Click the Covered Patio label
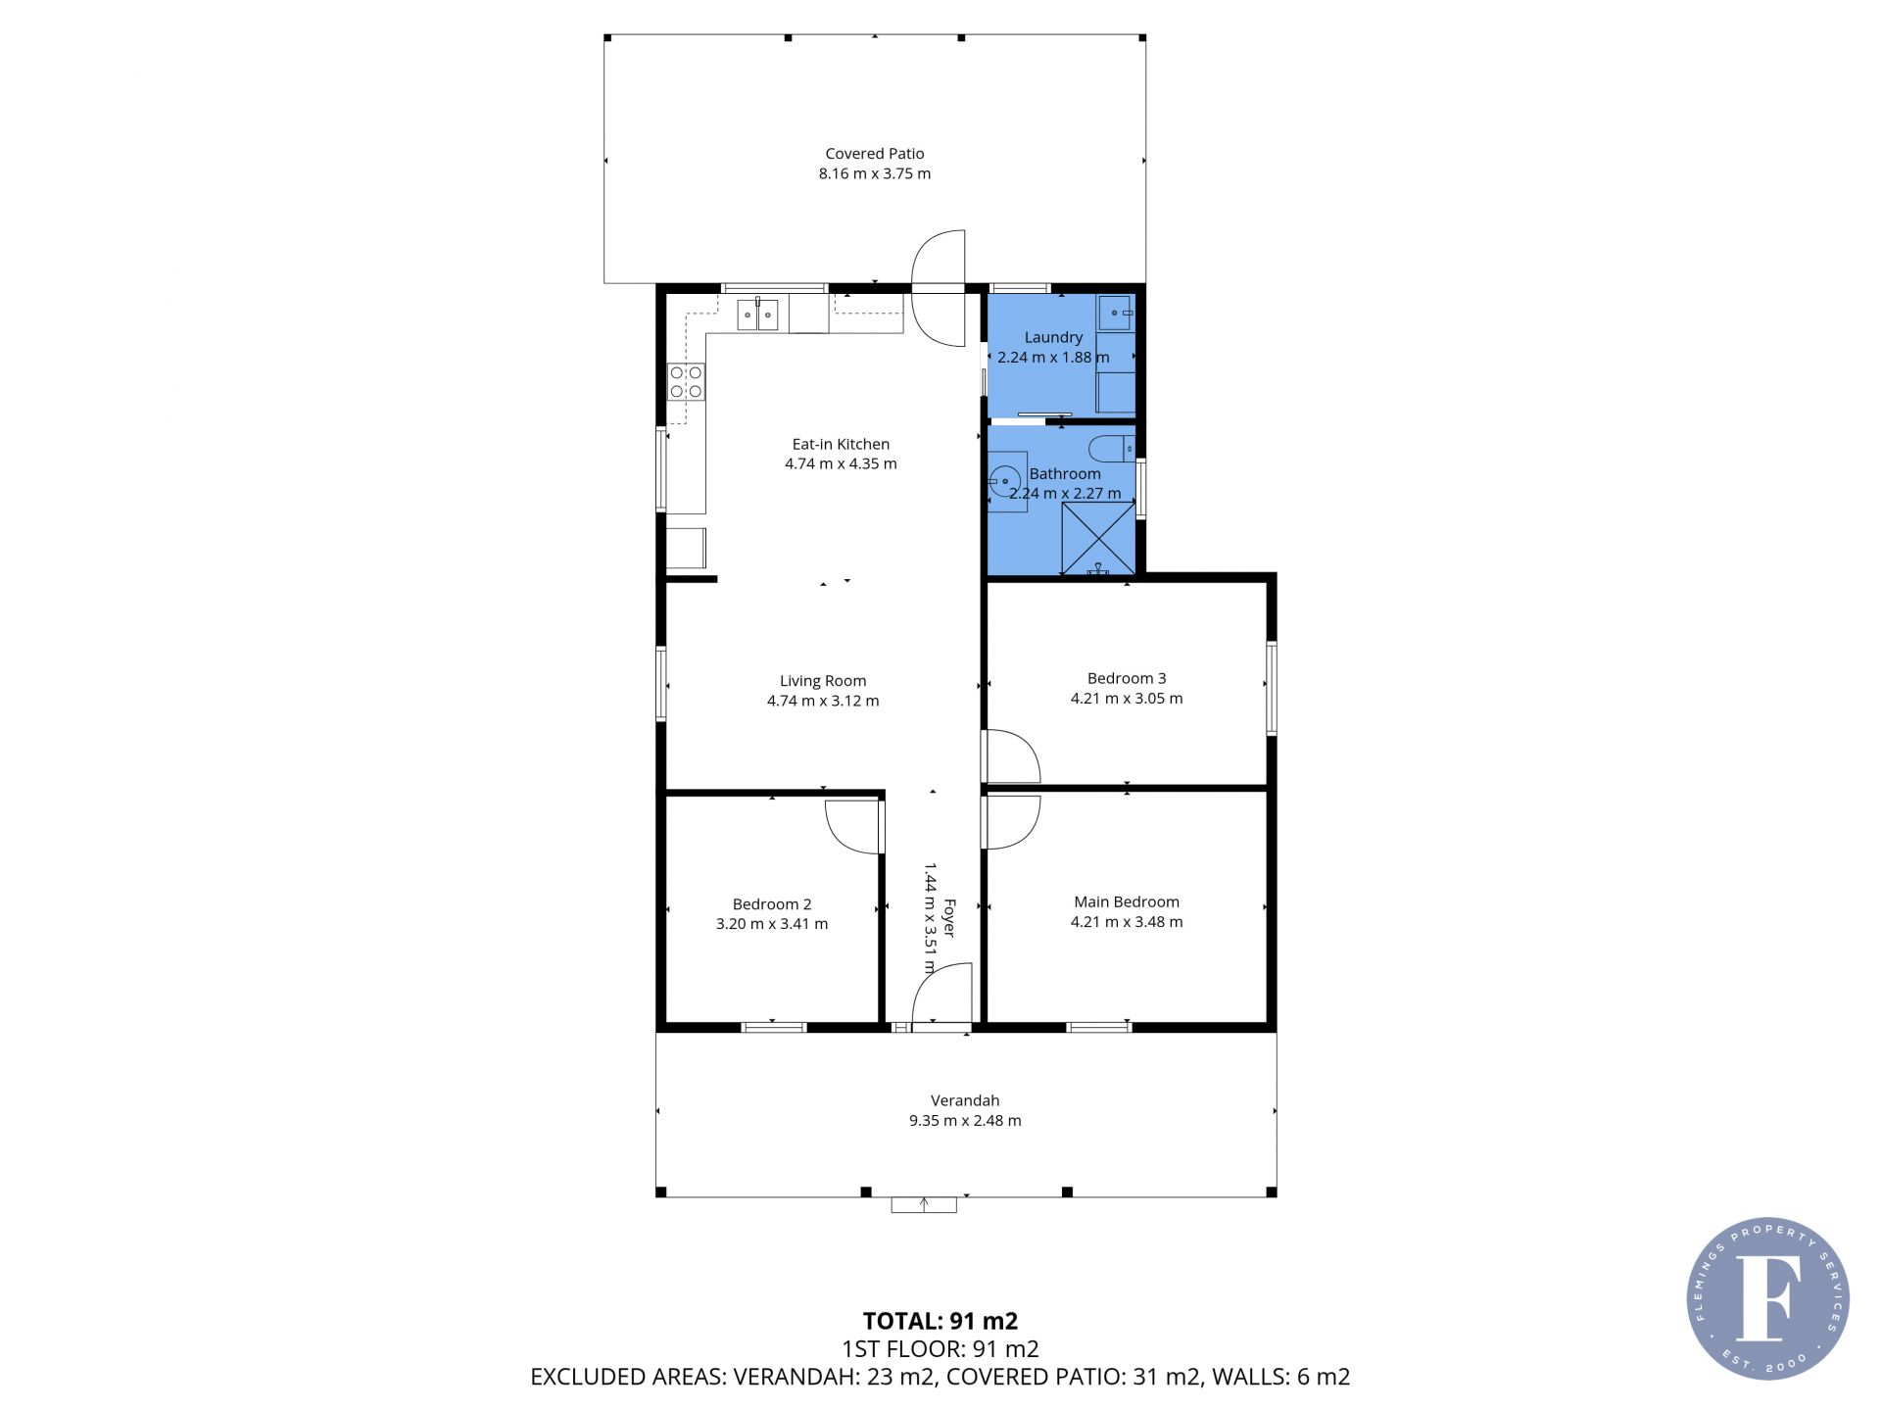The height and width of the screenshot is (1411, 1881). pyautogui.click(x=875, y=154)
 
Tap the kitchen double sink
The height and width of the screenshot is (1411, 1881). pyautogui.click(x=758, y=315)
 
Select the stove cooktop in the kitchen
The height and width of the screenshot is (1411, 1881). pyautogui.click(x=686, y=381)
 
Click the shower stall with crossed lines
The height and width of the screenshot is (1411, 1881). pyautogui.click(x=1098, y=538)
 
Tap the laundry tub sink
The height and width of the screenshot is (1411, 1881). pyautogui.click(x=1116, y=313)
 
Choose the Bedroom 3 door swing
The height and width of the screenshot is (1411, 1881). pyautogui.click(x=1012, y=756)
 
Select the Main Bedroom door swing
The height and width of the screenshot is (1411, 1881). pyautogui.click(x=1012, y=822)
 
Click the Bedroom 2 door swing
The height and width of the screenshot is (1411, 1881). pyautogui.click(x=854, y=828)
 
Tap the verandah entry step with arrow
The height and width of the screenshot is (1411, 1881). pyautogui.click(x=924, y=1205)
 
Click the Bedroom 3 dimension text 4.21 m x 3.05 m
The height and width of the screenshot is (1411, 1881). pyautogui.click(x=1127, y=699)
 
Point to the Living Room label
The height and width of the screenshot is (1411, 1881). pyautogui.click(x=823, y=681)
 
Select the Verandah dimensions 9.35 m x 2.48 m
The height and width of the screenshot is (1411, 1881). pyautogui.click(x=965, y=1121)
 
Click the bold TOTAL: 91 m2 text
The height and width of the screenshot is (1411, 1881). pyautogui.click(x=940, y=1321)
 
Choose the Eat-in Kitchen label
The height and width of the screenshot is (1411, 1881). pyautogui.click(x=841, y=444)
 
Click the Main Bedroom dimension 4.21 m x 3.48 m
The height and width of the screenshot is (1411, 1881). pyautogui.click(x=1127, y=922)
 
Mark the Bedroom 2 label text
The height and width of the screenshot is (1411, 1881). pyautogui.click(x=772, y=904)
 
